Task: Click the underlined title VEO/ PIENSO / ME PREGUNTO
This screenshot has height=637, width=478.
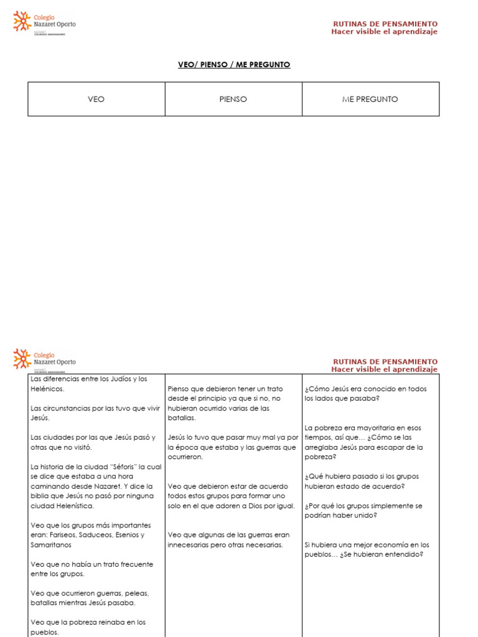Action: (234, 65)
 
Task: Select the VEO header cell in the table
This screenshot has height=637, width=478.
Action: (96, 99)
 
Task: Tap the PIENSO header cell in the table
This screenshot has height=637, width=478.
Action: (233, 99)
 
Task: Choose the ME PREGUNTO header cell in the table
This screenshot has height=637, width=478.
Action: (370, 99)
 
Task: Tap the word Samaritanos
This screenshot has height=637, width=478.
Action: (51, 545)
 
